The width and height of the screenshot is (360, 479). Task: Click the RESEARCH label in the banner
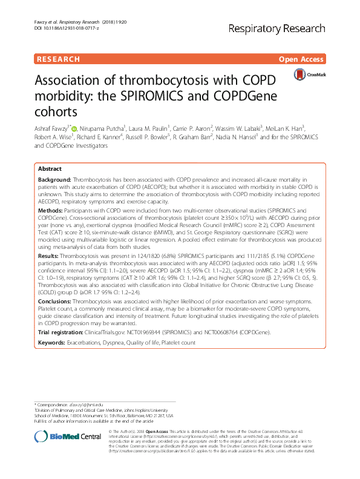[59, 59]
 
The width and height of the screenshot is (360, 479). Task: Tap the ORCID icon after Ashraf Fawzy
[76, 128]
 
